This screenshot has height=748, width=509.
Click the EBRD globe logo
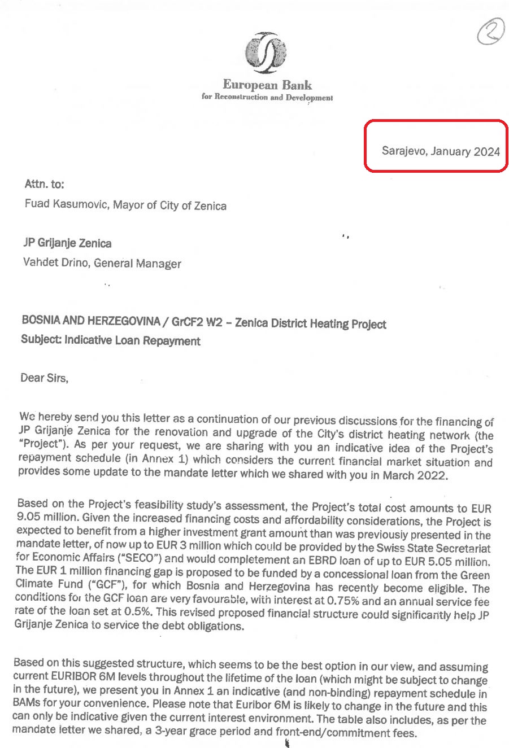click(267, 53)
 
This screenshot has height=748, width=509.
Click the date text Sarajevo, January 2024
click(441, 151)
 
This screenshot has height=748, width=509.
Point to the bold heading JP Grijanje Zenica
click(67, 243)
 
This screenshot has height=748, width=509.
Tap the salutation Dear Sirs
click(44, 378)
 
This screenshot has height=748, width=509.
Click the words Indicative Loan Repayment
click(132, 341)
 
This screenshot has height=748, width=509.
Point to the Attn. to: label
click(44, 184)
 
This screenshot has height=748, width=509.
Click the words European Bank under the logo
click(267, 85)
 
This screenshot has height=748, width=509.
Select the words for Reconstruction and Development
click(267, 97)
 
